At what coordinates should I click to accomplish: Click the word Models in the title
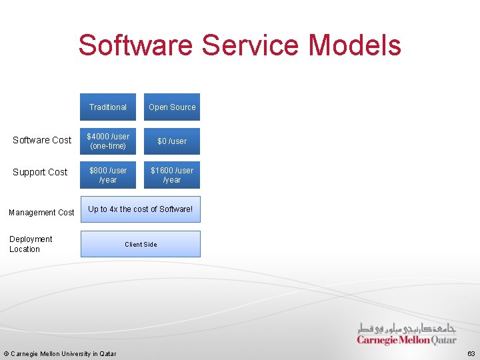coord(355,45)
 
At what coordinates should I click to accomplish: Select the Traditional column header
coord(108,107)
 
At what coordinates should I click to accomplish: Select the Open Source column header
coord(172,107)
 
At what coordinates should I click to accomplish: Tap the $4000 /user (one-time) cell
coord(108,141)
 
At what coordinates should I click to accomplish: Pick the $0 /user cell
coord(172,141)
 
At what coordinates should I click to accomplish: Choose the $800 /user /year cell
coord(108,175)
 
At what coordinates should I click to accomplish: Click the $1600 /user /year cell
coord(172,175)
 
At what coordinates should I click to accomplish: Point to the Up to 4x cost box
coord(140,209)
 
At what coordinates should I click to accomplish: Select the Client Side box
coord(140,244)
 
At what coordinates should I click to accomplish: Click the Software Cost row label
coord(42,140)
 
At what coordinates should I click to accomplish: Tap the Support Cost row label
coord(40,172)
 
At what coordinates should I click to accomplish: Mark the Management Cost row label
coord(41,213)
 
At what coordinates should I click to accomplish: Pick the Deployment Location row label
coord(31,244)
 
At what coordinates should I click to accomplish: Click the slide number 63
coord(471,353)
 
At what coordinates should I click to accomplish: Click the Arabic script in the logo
coord(407,329)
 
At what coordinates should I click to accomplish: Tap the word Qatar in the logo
coord(444,340)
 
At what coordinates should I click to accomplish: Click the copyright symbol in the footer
coord(6,353)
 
